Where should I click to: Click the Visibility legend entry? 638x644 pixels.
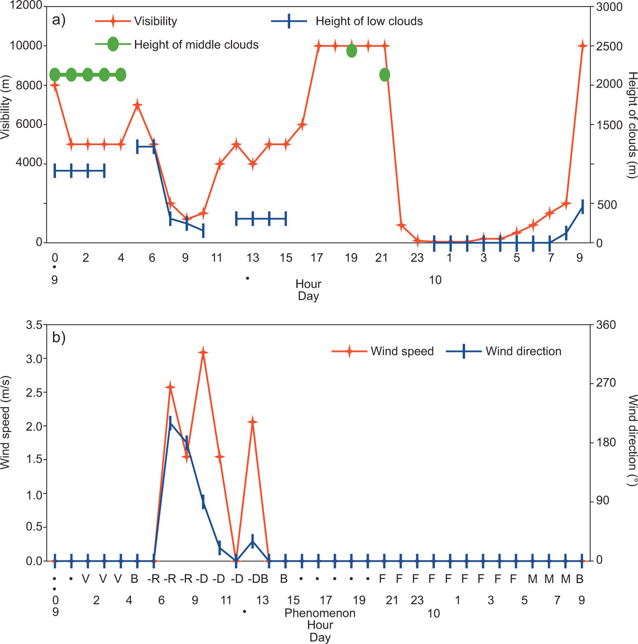155,21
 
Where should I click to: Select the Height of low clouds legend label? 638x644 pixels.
369,21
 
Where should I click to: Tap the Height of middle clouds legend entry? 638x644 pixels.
196,44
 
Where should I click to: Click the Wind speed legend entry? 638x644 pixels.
402,351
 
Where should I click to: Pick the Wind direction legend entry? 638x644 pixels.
523,351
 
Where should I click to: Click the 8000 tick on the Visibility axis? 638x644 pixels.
29,85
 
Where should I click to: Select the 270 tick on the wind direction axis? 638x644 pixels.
606,383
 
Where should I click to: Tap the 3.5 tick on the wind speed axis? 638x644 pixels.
34,325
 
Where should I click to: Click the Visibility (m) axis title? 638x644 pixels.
5,107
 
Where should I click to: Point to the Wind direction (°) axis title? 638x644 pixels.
633,440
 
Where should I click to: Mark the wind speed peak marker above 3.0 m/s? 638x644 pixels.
203,352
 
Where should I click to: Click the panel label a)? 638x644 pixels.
59,20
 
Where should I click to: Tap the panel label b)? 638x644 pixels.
59,338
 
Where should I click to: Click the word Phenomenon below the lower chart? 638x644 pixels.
320,613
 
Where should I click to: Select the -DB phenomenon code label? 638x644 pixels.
258,579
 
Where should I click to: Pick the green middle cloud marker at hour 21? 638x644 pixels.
384,75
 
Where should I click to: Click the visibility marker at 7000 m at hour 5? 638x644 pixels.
137,105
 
